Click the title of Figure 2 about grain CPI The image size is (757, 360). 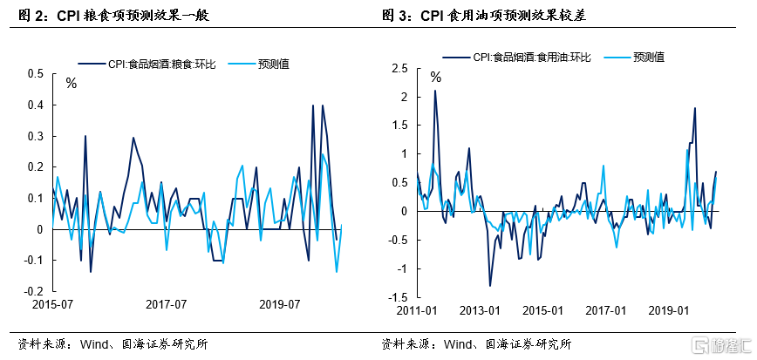(113, 16)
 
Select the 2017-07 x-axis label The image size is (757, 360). (166, 305)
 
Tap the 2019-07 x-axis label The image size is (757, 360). (281, 305)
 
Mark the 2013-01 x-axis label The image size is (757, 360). (481, 310)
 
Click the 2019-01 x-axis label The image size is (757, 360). (670, 310)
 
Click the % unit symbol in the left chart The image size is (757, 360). (72, 84)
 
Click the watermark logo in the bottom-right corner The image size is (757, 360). (719, 345)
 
